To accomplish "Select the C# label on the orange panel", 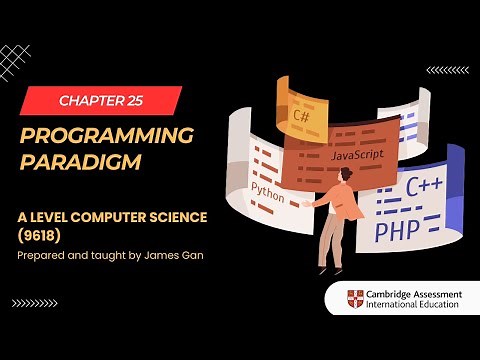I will [x=300, y=115].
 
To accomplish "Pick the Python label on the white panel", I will [x=269, y=189].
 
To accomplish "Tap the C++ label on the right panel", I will [x=424, y=185].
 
